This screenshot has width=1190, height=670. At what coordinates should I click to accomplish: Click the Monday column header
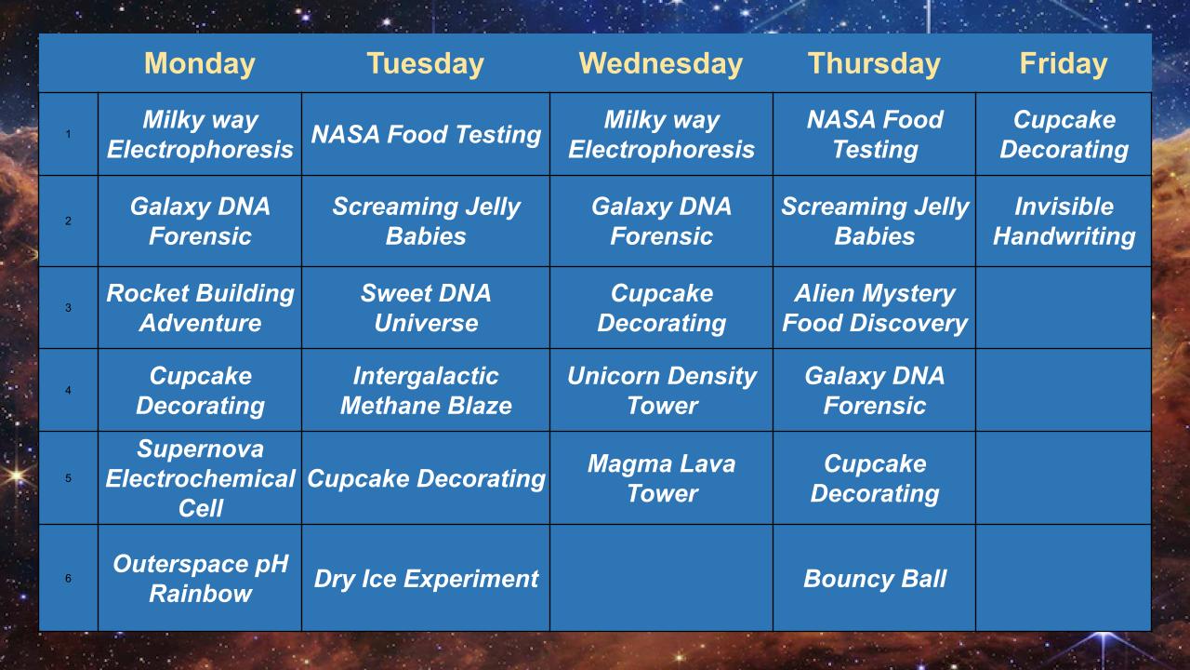coord(200,64)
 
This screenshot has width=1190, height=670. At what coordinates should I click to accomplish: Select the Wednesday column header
coord(661,64)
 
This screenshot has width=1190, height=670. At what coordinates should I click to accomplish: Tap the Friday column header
coord(1064,64)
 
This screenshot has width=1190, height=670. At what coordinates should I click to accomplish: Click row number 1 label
coord(68,134)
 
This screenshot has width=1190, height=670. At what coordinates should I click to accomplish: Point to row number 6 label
coord(68,578)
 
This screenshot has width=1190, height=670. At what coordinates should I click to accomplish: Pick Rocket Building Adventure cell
coord(200,308)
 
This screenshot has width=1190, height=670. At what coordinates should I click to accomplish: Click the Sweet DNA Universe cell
coord(426,308)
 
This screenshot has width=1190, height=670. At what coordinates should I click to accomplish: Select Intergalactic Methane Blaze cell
coord(426,390)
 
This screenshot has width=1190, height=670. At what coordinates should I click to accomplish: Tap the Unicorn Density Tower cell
coord(661,390)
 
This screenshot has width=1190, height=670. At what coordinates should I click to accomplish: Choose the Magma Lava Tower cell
coord(661,478)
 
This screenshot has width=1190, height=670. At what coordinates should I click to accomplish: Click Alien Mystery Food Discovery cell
coord(875,308)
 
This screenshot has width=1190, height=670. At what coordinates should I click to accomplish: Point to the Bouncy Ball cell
coord(875,578)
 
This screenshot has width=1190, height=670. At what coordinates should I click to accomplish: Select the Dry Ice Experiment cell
coord(426,578)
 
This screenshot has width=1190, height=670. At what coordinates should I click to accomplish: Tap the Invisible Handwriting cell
coord(1064,221)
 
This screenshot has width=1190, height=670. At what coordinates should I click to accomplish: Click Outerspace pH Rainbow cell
coord(200,578)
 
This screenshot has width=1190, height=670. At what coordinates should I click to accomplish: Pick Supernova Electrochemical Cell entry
coord(200,478)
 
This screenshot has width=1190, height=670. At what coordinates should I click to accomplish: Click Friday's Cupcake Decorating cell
coord(1064,134)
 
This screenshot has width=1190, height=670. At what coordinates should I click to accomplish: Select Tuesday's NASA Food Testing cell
coord(426,134)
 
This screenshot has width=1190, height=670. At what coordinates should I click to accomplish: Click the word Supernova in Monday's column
coord(200,449)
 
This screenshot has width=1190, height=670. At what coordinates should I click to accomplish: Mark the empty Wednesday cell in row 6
coord(661,578)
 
